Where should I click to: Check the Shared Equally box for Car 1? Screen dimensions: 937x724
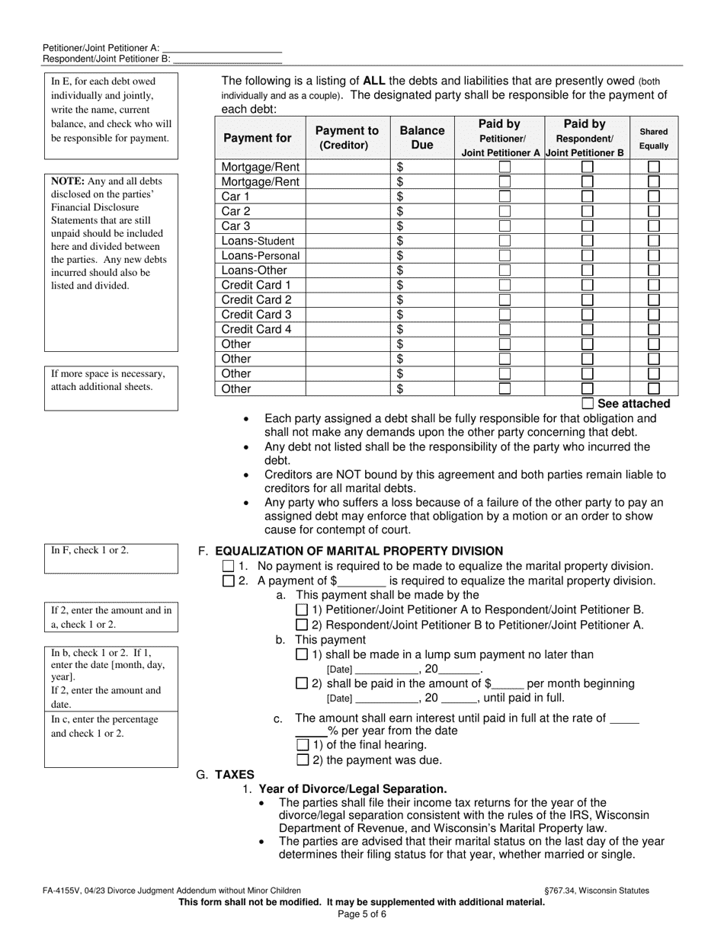pos(653,197)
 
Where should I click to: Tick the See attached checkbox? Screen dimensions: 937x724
pos(588,404)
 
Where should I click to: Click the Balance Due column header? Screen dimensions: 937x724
pos(421,138)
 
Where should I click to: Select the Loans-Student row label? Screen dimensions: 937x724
pos(258,241)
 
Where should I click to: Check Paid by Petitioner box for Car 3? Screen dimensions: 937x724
pos(505,226)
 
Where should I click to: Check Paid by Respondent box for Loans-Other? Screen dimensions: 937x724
pos(588,270)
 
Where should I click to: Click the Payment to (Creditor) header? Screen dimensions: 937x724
pos(347,138)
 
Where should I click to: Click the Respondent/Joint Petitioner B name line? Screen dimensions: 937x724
pos(227,59)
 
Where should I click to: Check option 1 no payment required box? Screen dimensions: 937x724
pos(229,567)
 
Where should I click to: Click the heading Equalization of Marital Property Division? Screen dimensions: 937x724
pos(359,552)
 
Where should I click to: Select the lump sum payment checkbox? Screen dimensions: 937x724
pos(302,654)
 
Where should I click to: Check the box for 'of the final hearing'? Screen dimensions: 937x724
pos(303,745)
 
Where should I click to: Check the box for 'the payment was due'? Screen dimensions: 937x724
pos(303,760)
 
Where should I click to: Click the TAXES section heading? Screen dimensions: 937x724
pos(235,775)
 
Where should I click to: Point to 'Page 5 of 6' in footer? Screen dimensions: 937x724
pos(362,913)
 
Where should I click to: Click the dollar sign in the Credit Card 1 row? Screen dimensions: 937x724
pos(400,285)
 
